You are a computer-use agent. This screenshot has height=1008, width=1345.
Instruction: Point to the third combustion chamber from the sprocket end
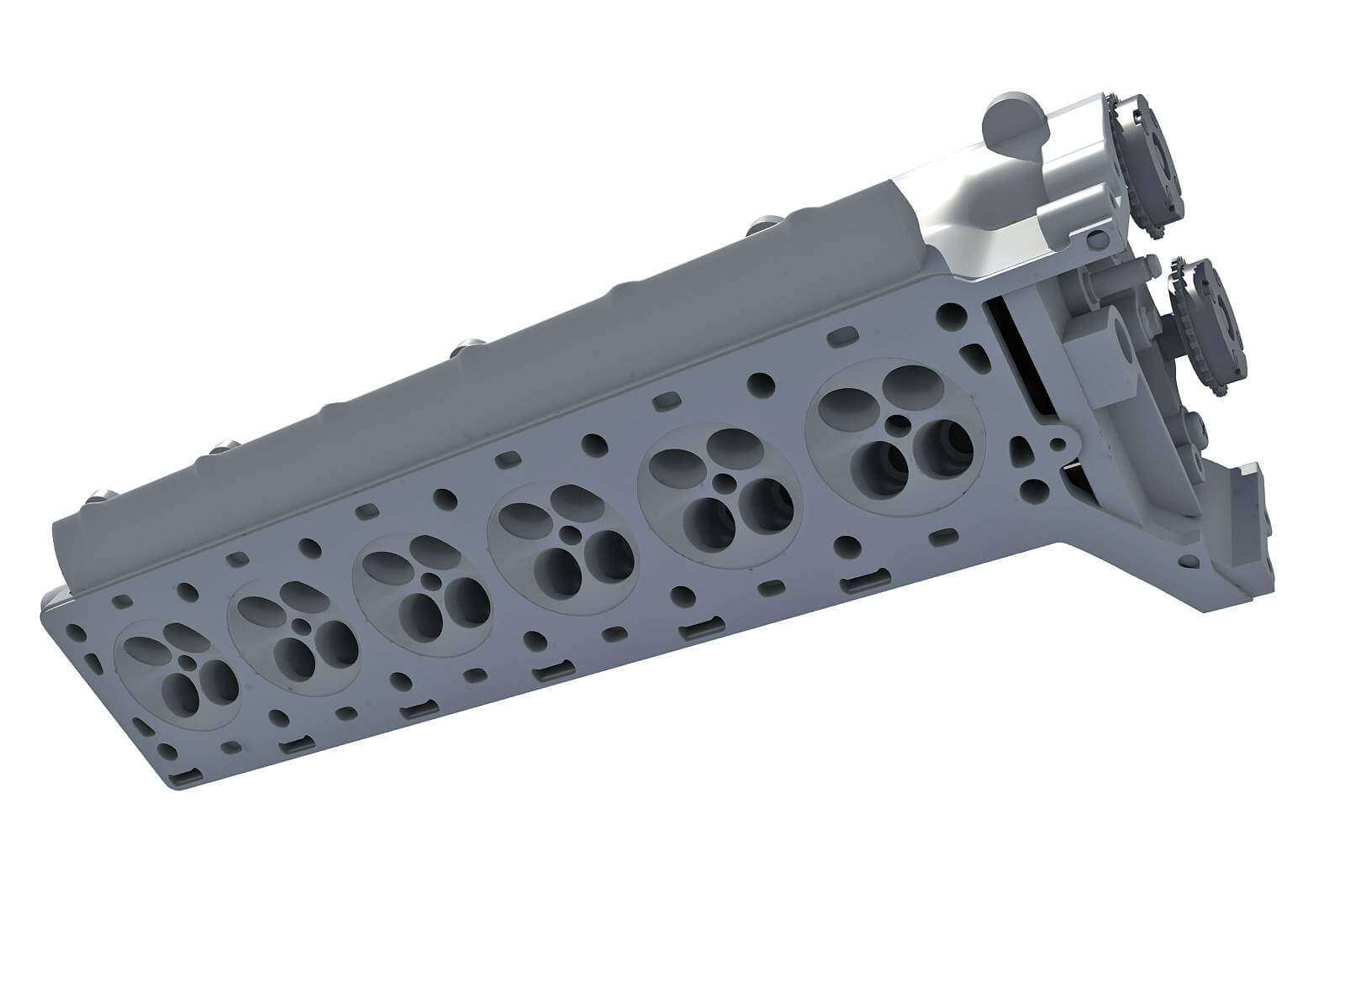[563, 551]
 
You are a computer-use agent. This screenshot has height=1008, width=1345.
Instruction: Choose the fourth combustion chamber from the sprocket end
[420, 597]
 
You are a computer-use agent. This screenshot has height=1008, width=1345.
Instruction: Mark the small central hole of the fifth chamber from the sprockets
[300, 626]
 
